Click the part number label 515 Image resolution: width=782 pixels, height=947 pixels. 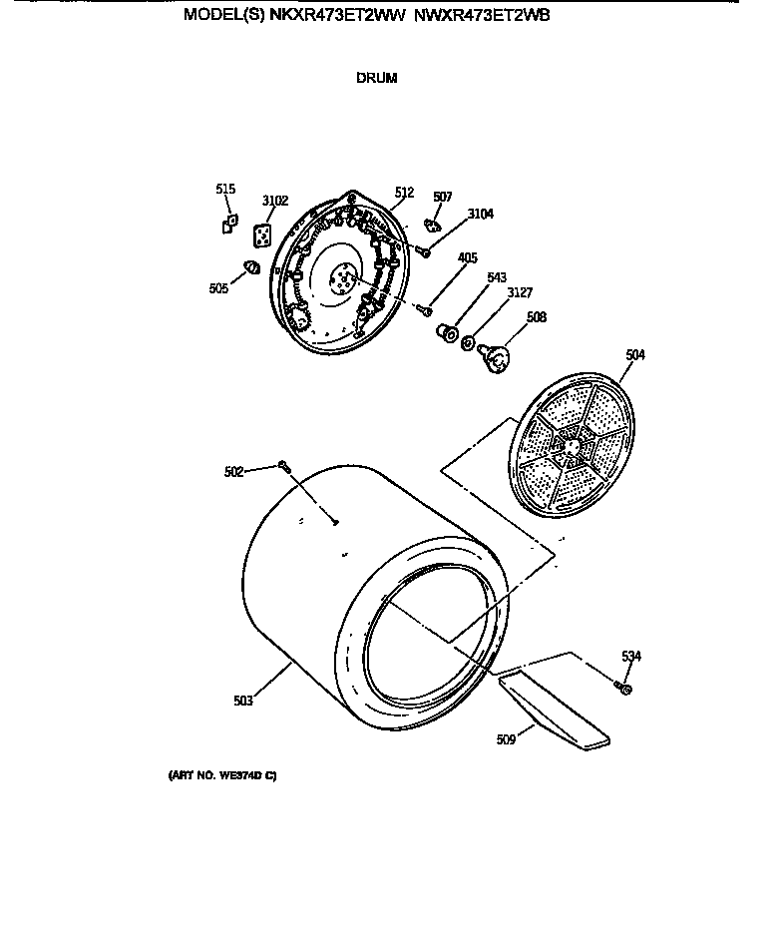(x=225, y=189)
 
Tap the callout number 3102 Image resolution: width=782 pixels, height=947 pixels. (x=275, y=201)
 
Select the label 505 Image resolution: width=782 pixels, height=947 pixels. (x=218, y=288)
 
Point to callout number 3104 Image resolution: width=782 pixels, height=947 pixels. (x=481, y=214)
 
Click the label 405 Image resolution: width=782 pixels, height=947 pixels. (x=468, y=257)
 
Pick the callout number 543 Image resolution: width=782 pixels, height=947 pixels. (x=497, y=277)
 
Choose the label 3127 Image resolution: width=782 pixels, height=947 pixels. (x=520, y=293)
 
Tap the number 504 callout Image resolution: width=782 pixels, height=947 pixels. (x=635, y=355)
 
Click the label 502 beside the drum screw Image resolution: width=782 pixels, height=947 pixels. (x=233, y=472)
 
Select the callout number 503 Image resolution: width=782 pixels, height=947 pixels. (x=243, y=702)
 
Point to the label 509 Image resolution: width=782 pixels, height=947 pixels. (x=506, y=739)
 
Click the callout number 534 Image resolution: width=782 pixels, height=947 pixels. (x=631, y=657)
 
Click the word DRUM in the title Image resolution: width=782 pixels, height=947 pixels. (x=377, y=78)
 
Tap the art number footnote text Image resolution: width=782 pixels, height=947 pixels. (x=222, y=775)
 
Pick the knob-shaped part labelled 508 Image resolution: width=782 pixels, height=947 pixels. (x=494, y=357)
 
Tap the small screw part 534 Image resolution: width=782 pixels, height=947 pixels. (x=623, y=688)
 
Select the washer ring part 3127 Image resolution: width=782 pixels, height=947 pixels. (x=468, y=343)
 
